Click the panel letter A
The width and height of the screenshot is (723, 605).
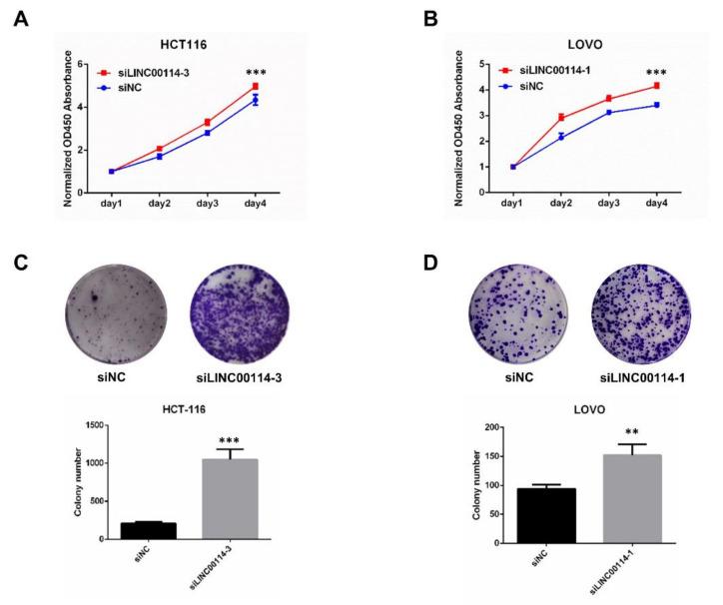20,19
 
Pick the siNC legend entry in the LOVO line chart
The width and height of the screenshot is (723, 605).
552,86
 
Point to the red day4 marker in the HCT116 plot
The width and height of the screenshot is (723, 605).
255,87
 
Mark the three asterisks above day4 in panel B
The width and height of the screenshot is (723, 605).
656,73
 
